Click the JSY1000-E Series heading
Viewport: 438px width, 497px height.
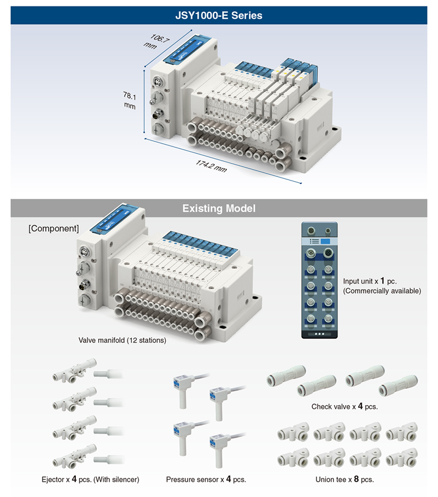point(219,15)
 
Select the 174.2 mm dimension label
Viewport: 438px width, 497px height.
point(211,164)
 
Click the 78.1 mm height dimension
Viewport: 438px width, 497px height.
point(129,99)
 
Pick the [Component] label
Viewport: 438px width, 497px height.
point(53,228)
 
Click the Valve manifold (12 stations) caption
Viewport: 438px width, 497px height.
point(122,340)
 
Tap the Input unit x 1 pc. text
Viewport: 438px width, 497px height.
point(370,281)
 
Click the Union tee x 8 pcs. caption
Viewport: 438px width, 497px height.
point(345,479)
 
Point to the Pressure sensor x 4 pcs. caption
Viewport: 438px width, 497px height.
point(206,479)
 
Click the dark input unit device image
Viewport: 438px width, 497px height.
point(320,280)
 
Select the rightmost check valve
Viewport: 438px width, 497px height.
point(398,385)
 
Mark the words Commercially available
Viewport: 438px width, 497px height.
point(382,291)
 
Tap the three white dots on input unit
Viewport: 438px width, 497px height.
point(320,333)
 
